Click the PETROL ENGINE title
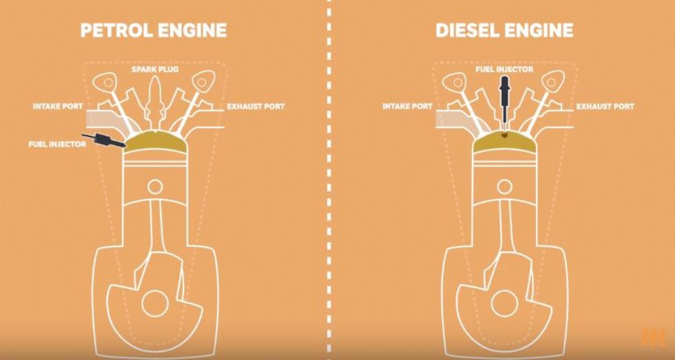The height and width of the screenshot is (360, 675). (153, 30)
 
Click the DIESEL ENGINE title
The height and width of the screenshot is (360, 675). (504, 30)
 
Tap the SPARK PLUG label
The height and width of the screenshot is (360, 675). (155, 69)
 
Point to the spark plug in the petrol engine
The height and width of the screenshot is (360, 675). (155, 103)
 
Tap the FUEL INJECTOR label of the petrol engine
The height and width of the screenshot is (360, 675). (57, 144)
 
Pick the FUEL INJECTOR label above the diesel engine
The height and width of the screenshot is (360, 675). (504, 69)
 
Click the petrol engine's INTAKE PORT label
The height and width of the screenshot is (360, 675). (58, 106)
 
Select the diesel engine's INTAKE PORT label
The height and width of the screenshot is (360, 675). (407, 106)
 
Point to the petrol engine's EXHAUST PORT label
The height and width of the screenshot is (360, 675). (256, 106)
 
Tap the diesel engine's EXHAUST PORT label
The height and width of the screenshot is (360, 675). (605, 106)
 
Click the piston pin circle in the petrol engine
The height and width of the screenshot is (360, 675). (155, 187)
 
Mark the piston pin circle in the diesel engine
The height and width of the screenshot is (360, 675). (504, 187)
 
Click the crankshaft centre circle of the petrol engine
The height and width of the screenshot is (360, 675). (155, 304)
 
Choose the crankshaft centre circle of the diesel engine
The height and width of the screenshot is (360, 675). (504, 304)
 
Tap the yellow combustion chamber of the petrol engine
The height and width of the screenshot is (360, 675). (156, 142)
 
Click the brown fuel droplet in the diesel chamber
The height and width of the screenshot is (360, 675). (503, 136)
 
